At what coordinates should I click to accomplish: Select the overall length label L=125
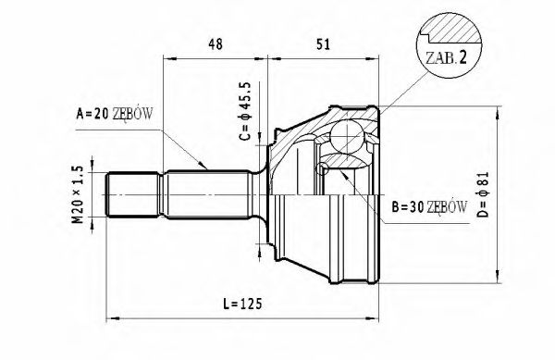241,304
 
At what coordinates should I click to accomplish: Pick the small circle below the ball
322,169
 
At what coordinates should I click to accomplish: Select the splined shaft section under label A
208,193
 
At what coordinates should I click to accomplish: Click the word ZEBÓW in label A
133,114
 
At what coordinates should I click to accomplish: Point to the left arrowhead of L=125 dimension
112,313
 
